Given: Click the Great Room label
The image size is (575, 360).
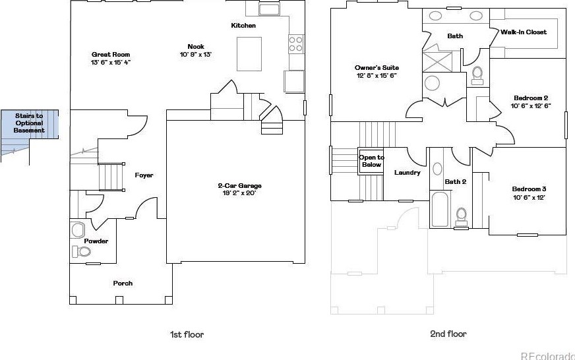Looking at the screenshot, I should pos(111,55).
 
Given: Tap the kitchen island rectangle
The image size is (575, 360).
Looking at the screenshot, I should pos(249,53).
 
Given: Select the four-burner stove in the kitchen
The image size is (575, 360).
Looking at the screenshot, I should pos(295,44).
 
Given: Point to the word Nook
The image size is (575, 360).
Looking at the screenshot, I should pos(196,46).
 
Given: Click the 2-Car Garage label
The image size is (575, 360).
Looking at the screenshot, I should pos(239,186).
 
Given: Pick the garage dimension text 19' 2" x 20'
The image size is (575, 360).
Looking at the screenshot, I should pos(239,194).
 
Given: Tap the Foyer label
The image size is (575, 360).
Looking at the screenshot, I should pos(144,175).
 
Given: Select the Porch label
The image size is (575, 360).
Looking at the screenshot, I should pos(123,284).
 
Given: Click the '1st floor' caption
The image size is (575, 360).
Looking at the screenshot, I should pos(187,334).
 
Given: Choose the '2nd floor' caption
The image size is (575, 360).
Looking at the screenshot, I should pos(448,334).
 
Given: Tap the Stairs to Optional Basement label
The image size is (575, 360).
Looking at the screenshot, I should pos(30,123).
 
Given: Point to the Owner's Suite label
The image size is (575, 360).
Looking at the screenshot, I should pos(377,68).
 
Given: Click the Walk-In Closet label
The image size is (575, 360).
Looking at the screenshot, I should pos(524,32).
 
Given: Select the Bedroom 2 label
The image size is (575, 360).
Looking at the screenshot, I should pos(531,98).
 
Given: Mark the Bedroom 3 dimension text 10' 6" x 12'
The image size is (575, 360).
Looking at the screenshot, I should pos(530,197).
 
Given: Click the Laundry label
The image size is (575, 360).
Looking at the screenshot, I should pos(407,173).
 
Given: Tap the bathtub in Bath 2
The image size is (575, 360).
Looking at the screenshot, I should pos(440,208).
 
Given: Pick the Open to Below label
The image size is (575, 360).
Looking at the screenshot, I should pos(371,161).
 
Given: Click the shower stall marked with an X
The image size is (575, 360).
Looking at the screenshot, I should pos(435,61).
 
